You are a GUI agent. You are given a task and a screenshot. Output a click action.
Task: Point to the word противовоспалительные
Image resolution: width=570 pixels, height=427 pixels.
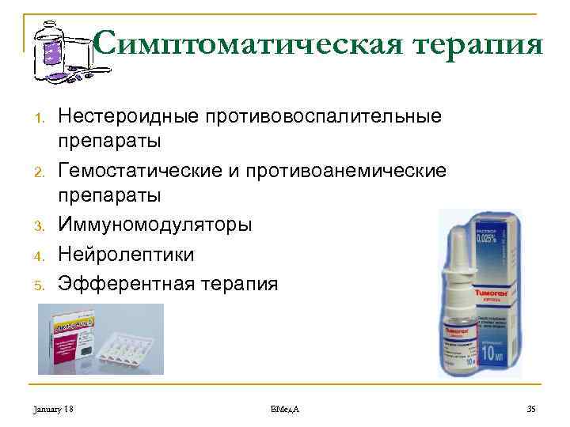pos(332,116)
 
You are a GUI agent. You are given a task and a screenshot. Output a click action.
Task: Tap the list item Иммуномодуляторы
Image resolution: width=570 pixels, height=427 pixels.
pos(155,225)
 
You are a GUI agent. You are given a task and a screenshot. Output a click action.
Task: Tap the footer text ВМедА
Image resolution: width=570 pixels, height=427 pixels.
pos(284,408)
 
